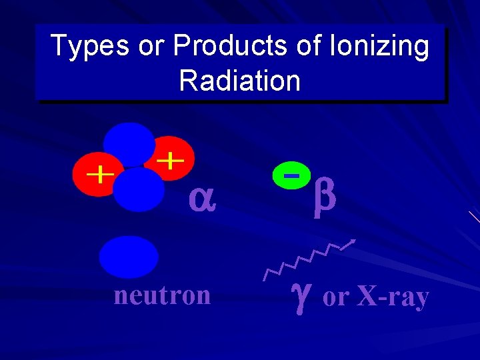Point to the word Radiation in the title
(240, 81)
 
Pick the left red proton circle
(93, 175)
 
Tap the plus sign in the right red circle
(173, 159)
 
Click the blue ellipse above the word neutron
(129, 257)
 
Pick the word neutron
(162, 295)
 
